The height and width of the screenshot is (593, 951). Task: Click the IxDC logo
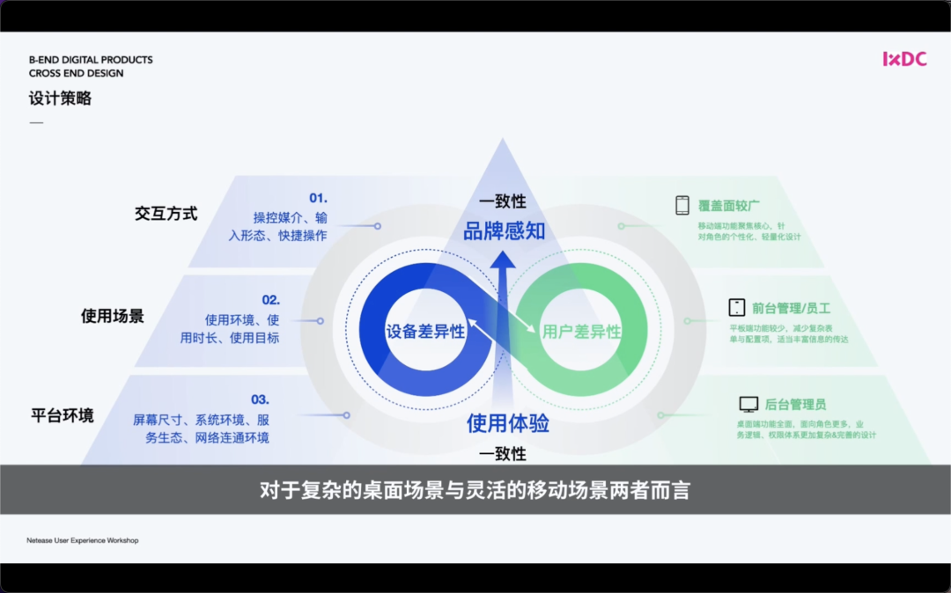point(904,59)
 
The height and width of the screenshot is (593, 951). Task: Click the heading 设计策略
point(60,99)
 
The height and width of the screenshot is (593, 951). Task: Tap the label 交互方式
point(166,214)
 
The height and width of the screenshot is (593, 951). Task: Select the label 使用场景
point(113,315)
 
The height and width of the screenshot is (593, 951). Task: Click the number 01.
point(318,198)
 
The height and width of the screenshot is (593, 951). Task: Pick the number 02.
point(270,300)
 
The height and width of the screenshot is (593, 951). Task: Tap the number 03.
point(260,399)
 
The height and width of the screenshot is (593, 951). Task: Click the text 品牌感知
point(504,231)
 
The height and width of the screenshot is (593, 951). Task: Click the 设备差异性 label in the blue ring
point(425,332)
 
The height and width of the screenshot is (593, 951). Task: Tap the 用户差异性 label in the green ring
point(581,332)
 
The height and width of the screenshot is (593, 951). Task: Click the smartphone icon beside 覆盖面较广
point(682,205)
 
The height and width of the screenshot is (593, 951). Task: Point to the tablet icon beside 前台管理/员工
point(737,308)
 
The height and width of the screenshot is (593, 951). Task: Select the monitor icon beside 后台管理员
point(748,405)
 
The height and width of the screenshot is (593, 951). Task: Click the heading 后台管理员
point(795,405)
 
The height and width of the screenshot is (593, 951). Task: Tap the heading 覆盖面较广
point(729,206)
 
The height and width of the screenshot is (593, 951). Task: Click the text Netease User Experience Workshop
point(82,540)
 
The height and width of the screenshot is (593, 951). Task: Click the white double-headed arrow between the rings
point(503,326)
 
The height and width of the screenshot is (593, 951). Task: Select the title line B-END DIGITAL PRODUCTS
point(91,60)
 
